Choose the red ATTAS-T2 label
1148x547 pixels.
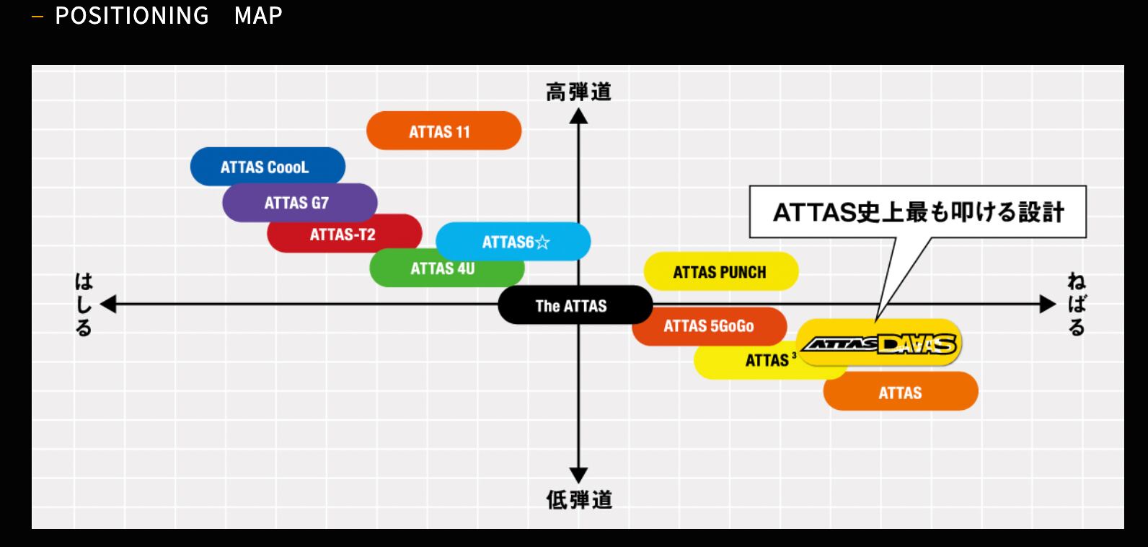343,234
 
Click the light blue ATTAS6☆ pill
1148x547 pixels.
514,242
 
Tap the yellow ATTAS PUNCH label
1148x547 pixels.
720,272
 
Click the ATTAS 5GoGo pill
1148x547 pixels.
708,326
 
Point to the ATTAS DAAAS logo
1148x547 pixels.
880,344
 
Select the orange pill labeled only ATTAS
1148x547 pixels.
901,392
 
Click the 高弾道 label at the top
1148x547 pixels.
578,92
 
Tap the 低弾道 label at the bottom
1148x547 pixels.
578,499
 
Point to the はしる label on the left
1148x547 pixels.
84,305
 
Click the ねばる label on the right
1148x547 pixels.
1076,305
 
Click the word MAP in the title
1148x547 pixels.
258,15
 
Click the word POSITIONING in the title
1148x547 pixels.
132,15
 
